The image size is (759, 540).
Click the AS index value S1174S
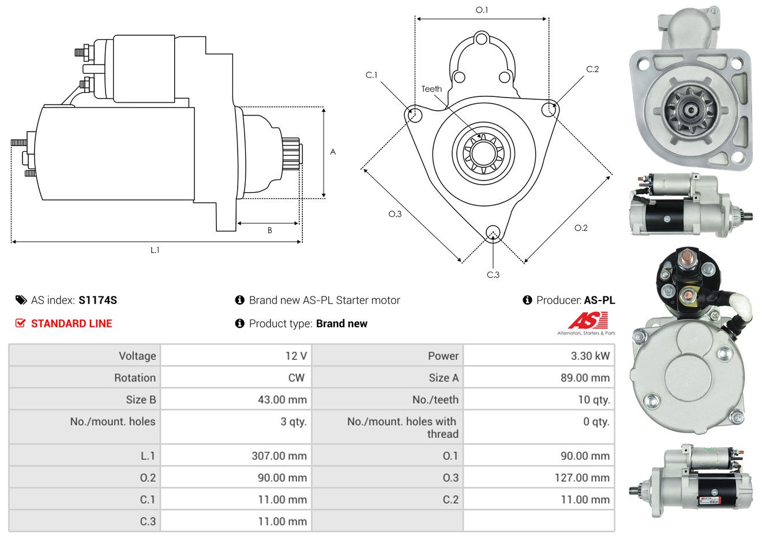click(97, 300)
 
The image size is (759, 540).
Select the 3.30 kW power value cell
click(589, 356)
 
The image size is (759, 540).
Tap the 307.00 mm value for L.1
click(279, 456)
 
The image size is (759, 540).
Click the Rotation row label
click(134, 378)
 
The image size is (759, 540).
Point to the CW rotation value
click(296, 378)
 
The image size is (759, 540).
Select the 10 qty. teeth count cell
click(593, 400)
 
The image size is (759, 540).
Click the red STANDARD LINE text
click(72, 324)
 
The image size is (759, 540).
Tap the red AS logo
click(588, 321)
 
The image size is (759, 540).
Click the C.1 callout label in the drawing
click(371, 75)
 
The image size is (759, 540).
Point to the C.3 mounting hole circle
click(493, 232)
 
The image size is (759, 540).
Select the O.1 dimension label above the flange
click(482, 10)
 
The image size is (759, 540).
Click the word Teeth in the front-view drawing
click(431, 89)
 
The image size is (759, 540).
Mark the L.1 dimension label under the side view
click(155, 250)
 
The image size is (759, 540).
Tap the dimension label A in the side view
click(333, 152)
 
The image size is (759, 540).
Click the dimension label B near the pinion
click(269, 230)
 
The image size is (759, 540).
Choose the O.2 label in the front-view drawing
click(581, 228)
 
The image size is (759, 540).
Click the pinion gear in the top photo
click(690, 110)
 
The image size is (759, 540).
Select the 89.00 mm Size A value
click(584, 378)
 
